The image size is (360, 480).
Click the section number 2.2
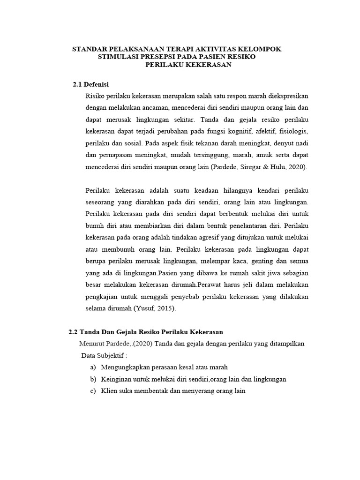coord(73,332)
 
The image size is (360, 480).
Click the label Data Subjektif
coord(105,355)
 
